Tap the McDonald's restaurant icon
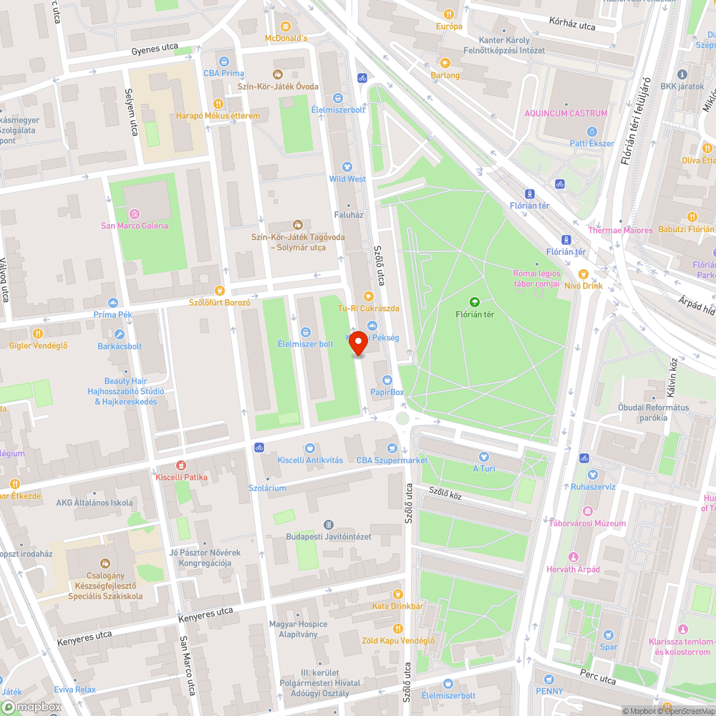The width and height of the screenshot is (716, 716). point(286,26)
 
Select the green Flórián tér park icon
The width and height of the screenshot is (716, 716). point(474,302)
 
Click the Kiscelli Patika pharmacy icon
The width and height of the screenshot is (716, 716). point(180,465)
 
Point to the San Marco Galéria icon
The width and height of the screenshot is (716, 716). point(134,213)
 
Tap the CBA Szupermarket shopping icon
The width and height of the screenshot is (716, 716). point(392,448)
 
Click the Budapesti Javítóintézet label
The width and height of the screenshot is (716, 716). point(329,536)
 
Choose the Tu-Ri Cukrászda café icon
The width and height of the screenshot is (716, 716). point(369,296)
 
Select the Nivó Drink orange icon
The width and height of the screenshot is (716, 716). point(583,274)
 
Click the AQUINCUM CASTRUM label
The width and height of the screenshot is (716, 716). point(566,113)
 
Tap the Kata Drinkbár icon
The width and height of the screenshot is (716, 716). point(397,594)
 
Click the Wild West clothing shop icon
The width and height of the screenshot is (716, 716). point(347,166)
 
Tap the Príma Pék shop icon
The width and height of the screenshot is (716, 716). point(112,302)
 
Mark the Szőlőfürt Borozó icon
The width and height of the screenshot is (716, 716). point(220,291)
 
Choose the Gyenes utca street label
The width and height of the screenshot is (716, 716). point(154,52)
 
